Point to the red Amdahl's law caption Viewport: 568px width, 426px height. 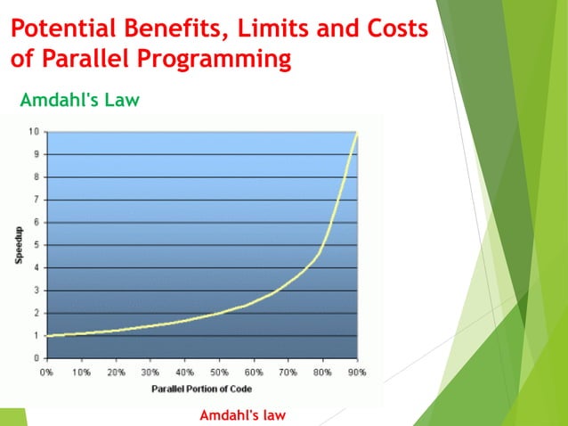click(242, 415)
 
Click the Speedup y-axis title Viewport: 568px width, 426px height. click(19, 246)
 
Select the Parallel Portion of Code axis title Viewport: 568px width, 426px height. click(201, 388)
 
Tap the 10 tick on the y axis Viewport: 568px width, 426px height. click(33, 132)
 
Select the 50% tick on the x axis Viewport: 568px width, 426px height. click(219, 372)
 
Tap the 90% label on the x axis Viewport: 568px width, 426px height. click(357, 372)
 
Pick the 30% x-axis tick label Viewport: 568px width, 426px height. click(150, 372)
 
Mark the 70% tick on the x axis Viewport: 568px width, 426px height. click(288, 372)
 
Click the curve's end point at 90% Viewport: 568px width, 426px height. click(357, 133)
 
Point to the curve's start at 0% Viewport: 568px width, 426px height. click(47, 336)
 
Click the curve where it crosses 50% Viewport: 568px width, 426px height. click(219, 314)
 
